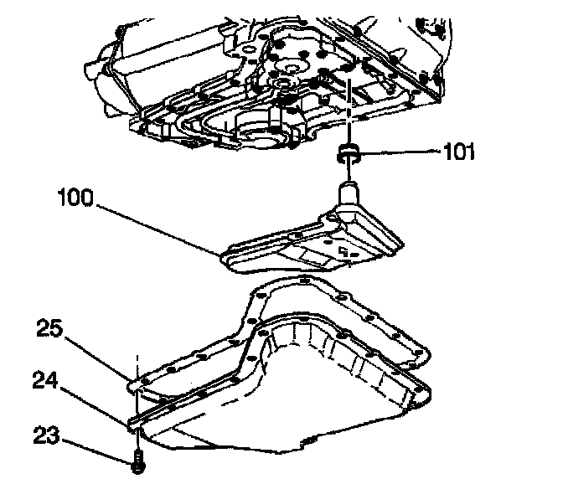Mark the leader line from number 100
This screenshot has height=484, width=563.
pos(159,227)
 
